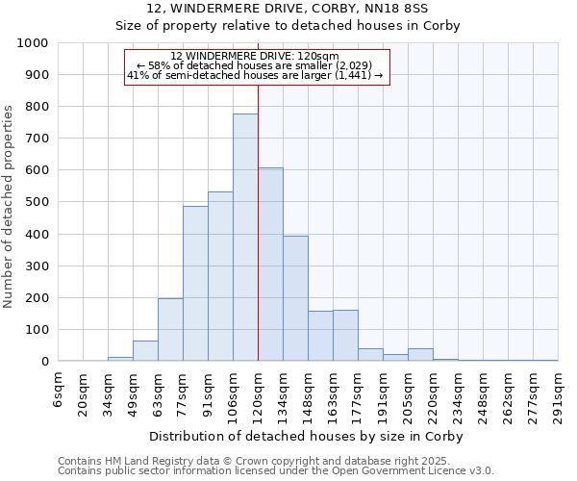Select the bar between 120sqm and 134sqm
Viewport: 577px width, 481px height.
coord(270,265)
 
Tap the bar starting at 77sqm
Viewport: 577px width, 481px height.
coord(195,284)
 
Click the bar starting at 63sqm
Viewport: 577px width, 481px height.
coord(170,330)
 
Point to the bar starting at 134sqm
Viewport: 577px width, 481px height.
coord(295,298)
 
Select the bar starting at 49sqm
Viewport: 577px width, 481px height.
coord(145,351)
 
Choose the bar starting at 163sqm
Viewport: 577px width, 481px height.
coord(345,336)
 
